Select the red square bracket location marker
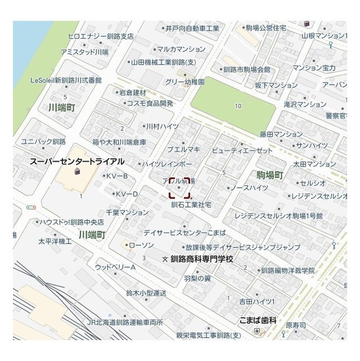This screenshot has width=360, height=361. (x=180, y=188)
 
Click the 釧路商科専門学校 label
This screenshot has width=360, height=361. (x=201, y=258)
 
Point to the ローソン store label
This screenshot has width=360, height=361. (x=141, y=245)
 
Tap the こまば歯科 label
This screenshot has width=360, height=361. (x=257, y=320)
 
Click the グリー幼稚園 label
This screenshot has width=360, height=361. (x=185, y=82)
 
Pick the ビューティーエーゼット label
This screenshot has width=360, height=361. (x=242, y=151)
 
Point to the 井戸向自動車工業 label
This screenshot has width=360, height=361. (x=192, y=28)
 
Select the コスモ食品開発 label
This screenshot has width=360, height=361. (x=150, y=103)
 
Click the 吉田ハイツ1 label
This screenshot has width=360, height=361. (x=256, y=302)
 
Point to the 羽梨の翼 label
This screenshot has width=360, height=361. (x=197, y=278)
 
